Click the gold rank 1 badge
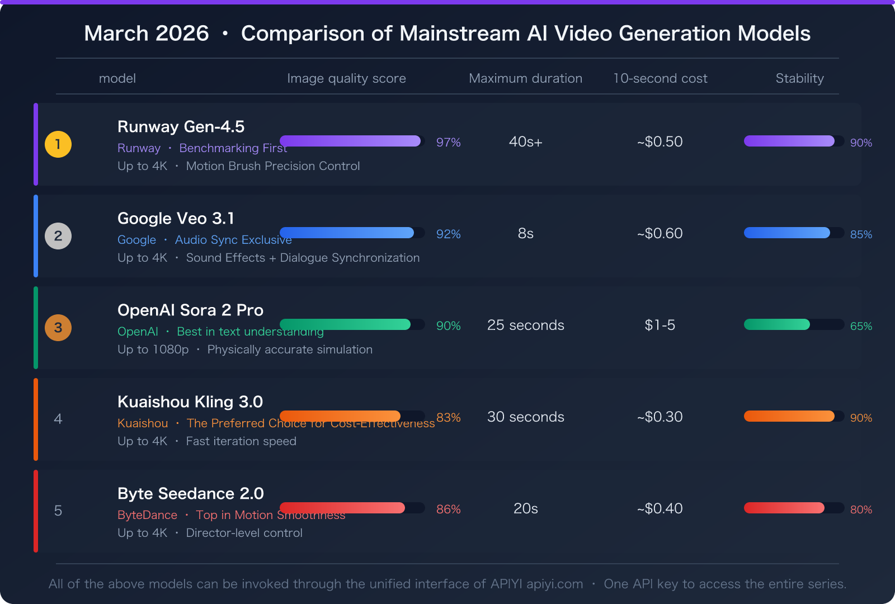[58, 144]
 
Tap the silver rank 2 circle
[58, 236]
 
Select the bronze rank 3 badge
[58, 328]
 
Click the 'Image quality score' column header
[346, 78]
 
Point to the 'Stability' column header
[799, 78]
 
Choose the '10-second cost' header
[660, 78]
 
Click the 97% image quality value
[448, 143]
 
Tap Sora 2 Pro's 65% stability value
[861, 326]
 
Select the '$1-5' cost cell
[660, 325]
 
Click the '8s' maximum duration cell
[525, 233]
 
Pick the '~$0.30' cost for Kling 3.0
[660, 417]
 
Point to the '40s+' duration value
[525, 141]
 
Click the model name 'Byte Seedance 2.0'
[190, 493]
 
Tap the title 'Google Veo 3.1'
[176, 218]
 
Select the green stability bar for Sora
[776, 324]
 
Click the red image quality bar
[342, 508]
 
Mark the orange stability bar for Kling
[789, 416]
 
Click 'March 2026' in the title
[147, 34]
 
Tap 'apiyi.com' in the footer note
[554, 584]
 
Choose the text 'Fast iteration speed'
[241, 441]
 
